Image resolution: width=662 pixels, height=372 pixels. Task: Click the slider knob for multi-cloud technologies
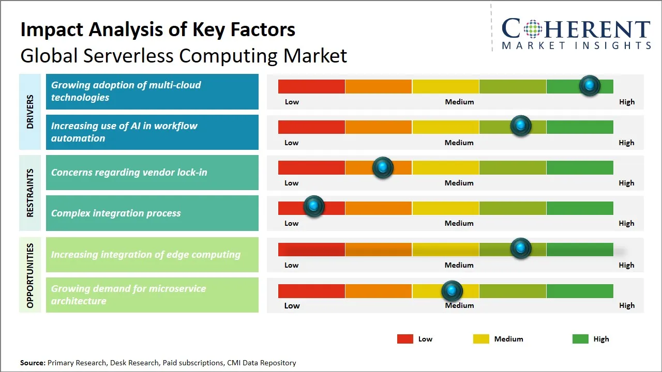click(590, 85)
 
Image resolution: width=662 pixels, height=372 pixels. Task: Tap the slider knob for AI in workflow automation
click(521, 126)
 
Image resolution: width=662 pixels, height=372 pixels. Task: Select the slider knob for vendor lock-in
click(383, 167)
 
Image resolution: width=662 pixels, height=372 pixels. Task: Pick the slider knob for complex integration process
click(313, 206)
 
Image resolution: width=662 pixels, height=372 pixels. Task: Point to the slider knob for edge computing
click(521, 249)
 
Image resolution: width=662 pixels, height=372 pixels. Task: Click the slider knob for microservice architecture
click(452, 291)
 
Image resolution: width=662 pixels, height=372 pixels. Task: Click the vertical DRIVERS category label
click(30, 112)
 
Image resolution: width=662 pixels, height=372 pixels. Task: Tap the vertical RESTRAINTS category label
click(30, 193)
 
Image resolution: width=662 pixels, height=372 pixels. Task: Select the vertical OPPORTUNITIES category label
click(30, 275)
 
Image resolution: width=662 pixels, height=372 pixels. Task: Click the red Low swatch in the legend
click(405, 339)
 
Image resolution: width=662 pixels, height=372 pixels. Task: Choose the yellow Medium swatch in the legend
click(481, 339)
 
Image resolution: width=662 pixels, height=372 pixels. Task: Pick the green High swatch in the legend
click(580, 339)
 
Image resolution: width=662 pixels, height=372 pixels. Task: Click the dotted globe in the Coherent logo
click(532, 29)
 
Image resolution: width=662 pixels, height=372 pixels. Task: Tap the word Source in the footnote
click(33, 363)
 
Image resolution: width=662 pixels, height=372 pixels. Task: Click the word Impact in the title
click(51, 30)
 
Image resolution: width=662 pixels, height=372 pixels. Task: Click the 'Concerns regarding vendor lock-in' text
click(129, 172)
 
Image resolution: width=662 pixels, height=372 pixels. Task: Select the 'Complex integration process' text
click(116, 213)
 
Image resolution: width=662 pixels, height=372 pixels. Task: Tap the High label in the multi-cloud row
click(627, 102)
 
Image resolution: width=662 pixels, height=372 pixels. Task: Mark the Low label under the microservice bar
click(292, 305)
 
